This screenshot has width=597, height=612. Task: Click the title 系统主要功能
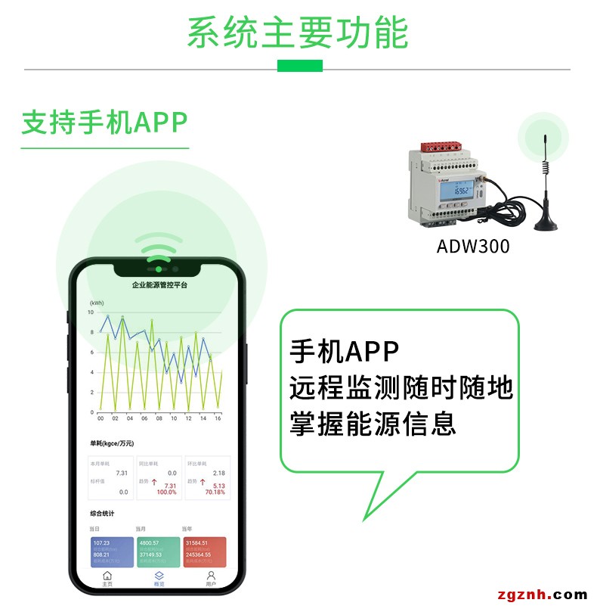(x=298, y=33)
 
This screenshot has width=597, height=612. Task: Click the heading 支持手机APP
(x=104, y=122)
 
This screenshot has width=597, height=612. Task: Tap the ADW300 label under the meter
(x=473, y=246)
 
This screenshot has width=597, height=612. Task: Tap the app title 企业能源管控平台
(x=159, y=286)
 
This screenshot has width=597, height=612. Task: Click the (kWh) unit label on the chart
(x=97, y=303)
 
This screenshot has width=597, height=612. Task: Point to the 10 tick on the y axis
(x=91, y=312)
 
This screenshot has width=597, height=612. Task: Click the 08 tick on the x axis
(x=159, y=418)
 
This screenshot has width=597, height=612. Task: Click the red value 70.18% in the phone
(x=215, y=492)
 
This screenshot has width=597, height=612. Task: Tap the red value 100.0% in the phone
(x=166, y=492)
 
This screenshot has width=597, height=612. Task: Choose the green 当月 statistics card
(x=158, y=553)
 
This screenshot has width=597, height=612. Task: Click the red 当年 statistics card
(x=204, y=553)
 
